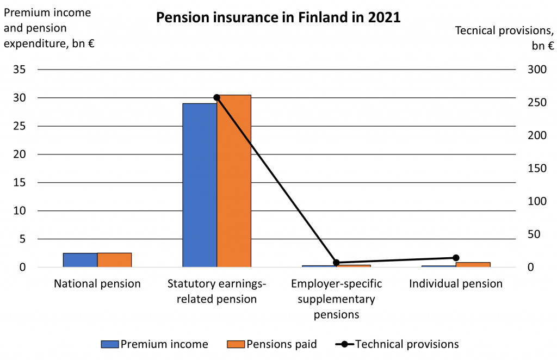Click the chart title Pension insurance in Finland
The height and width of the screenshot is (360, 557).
278,17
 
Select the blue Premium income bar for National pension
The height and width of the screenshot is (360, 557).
81,260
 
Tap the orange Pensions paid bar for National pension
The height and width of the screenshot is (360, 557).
114,260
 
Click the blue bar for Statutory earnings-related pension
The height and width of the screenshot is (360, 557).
200,185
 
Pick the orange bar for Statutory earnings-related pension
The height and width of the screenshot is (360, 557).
234,181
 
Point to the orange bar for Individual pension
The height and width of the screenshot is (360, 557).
473,264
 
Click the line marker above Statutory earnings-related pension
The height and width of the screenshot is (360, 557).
216,97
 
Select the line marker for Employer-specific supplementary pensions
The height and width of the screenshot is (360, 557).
336,263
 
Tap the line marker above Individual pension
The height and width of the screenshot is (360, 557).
456,258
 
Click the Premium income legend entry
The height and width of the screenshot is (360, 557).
154,344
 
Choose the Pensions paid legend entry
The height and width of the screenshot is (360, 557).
272,344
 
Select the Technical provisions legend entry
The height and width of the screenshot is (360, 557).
397,344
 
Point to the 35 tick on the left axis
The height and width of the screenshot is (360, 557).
20,69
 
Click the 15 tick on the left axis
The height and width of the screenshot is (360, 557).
20,183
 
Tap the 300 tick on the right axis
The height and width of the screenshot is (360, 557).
537,69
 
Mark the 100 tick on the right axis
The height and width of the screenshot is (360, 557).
537,201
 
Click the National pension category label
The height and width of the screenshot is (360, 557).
97,284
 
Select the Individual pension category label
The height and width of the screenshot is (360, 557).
456,284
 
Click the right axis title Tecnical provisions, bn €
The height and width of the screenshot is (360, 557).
504,38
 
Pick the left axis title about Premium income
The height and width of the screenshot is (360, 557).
49,28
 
